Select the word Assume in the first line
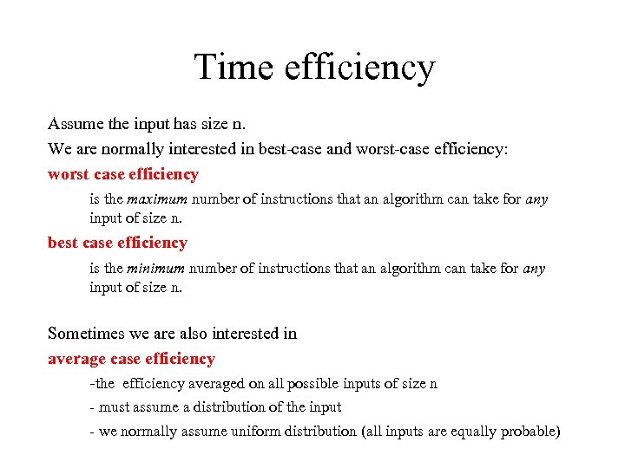pos(74,123)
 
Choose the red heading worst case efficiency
pos(123,174)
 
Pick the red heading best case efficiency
pos(117,243)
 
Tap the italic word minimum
pos(157,269)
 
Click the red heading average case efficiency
pos(131,359)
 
